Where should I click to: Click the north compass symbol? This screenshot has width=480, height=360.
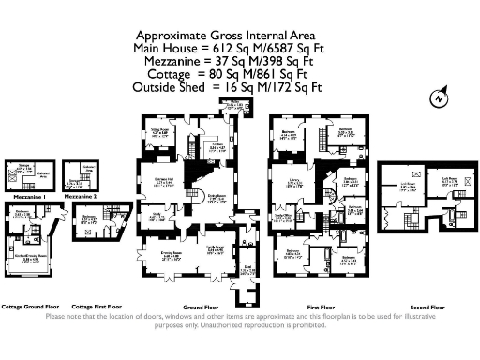[x=436, y=97]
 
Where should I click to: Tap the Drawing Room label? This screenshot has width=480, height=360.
[x=169, y=252]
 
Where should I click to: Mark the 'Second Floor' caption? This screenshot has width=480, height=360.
[x=427, y=307]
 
